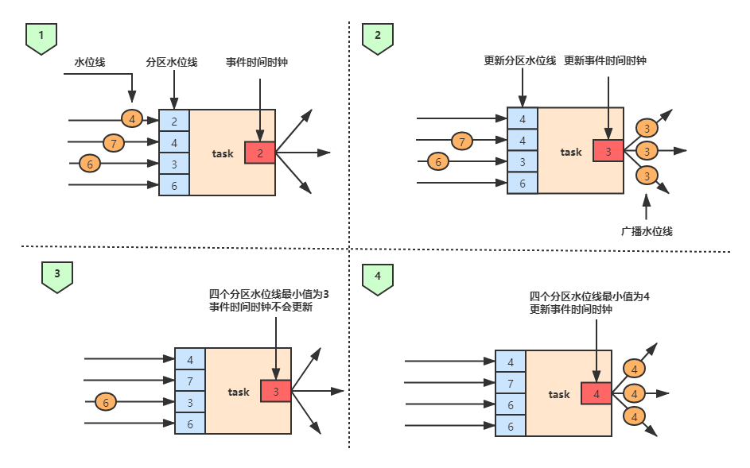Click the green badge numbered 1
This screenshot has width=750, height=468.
pyautogui.click(x=41, y=37)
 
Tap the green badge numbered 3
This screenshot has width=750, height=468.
pyautogui.click(x=57, y=276)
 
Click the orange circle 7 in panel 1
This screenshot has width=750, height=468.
pyautogui.click(x=115, y=143)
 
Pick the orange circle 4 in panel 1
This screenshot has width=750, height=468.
pyautogui.click(x=132, y=119)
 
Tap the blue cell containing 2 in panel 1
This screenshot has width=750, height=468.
pyautogui.click(x=174, y=122)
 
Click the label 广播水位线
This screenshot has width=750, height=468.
pyautogui.click(x=647, y=231)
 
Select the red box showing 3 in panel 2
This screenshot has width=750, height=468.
pyautogui.click(x=608, y=150)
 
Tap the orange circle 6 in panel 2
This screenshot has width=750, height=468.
pyautogui.click(x=437, y=162)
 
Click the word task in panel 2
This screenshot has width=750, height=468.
pyautogui.click(x=571, y=152)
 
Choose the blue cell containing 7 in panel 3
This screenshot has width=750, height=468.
pyautogui.click(x=190, y=381)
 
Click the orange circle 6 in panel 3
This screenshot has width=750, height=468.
pyautogui.click(x=106, y=402)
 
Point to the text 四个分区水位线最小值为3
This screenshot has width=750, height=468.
pyautogui.click(x=269, y=294)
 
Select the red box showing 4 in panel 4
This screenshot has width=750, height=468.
pyautogui.click(x=597, y=393)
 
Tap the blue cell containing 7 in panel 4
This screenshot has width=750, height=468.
pyautogui.click(x=511, y=384)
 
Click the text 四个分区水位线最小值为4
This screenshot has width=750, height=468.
pyautogui.click(x=589, y=296)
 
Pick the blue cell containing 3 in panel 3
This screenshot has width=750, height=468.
pyautogui.click(x=190, y=403)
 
